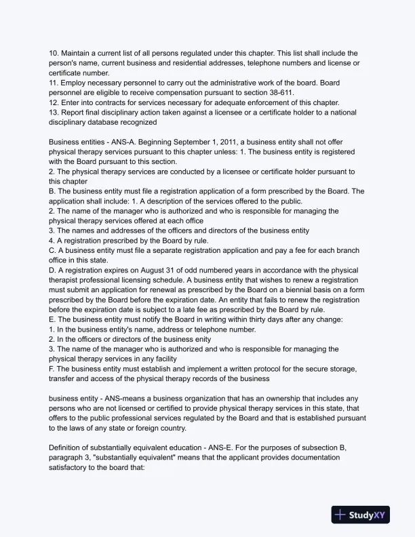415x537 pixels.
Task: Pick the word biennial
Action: pos(304,290)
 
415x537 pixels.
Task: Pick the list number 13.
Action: pos(54,112)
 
